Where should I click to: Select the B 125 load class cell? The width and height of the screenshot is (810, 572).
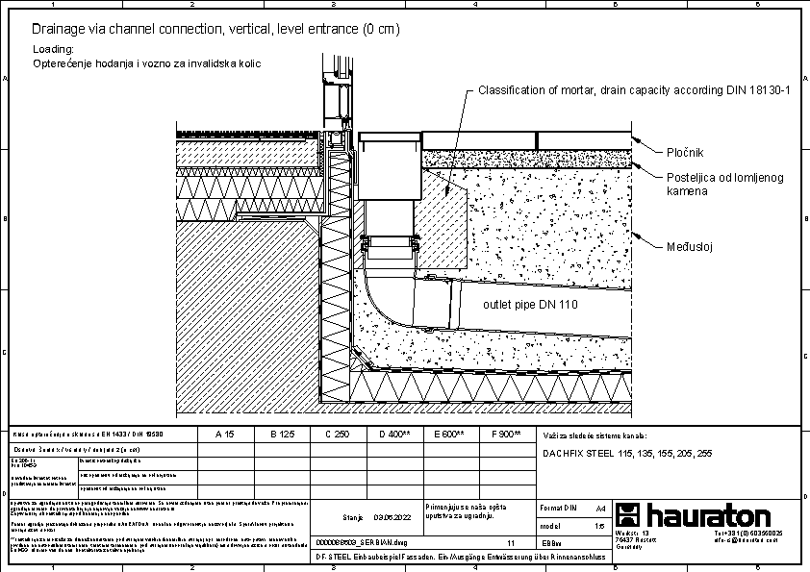(x=280, y=435)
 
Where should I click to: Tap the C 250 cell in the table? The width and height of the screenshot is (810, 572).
(x=337, y=435)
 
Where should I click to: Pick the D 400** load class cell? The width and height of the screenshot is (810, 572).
(x=394, y=435)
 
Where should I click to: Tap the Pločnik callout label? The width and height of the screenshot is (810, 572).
(x=686, y=153)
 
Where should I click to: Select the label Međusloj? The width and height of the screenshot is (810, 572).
(x=689, y=247)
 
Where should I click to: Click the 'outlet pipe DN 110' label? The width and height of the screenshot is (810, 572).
(x=529, y=306)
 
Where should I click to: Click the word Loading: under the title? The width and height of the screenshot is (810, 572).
(x=53, y=48)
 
